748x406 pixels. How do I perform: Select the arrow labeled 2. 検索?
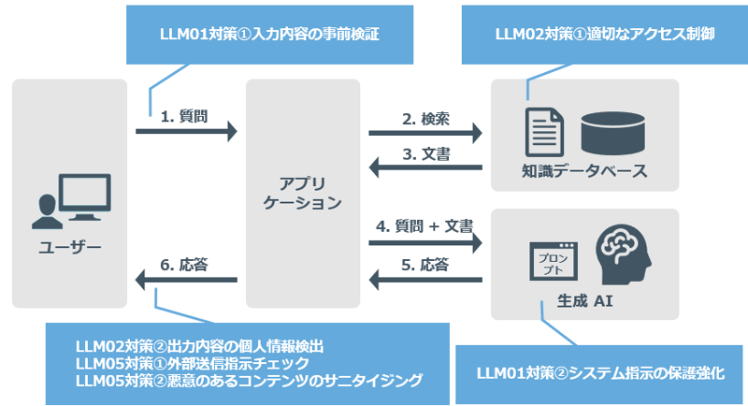[425, 133]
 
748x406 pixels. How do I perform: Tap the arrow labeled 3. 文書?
[425, 167]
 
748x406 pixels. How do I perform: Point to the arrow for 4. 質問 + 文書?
[425, 243]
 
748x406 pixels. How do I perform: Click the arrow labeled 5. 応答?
[425, 279]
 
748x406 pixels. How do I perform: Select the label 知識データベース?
[583, 172]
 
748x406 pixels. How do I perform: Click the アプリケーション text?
[302, 192]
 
